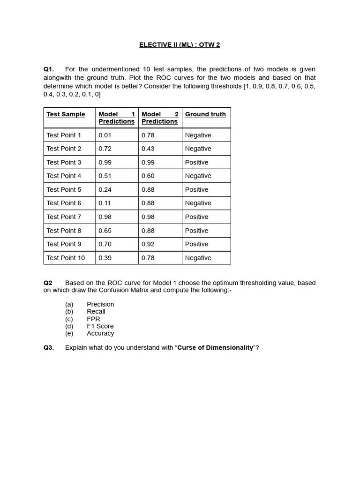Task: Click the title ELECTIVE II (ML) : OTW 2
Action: click(180, 45)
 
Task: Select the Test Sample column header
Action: click(66, 114)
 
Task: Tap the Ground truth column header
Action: click(205, 114)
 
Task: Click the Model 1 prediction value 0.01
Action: click(105, 135)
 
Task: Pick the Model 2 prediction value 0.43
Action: click(148, 149)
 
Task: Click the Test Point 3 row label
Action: click(64, 162)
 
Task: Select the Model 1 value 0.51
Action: click(105, 176)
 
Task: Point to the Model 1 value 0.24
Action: click(105, 189)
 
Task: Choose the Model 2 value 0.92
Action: click(148, 244)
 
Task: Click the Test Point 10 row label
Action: click(66, 258)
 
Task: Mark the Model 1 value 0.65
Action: click(105, 231)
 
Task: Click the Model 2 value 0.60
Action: click(148, 176)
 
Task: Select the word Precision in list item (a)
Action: click(100, 304)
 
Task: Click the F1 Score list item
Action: click(100, 326)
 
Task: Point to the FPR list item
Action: click(93, 319)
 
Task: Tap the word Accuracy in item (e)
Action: click(100, 333)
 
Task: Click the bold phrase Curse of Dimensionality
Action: click(215, 348)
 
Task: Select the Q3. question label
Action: click(49, 348)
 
